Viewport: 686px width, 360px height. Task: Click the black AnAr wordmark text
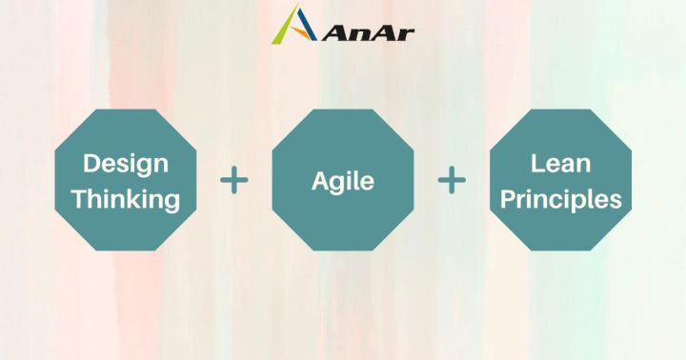[368, 32]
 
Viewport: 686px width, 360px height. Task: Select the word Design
[126, 164]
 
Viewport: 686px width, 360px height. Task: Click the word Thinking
[126, 200]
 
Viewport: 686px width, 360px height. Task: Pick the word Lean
[560, 164]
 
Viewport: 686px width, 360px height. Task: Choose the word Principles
[560, 200]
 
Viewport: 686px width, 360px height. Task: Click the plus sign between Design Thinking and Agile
[234, 179]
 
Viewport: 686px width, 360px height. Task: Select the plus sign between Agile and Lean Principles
[452, 179]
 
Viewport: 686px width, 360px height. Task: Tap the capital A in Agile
[320, 180]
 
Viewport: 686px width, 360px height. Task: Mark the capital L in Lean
[536, 163]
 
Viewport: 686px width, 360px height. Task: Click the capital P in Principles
[509, 199]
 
